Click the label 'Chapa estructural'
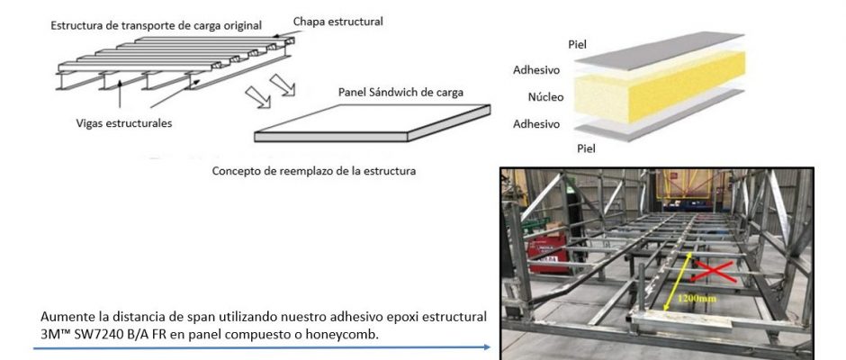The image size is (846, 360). (337, 22)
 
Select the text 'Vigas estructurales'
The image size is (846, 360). (124, 123)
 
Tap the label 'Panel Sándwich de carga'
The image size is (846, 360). (400, 93)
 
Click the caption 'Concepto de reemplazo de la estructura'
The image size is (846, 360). (313, 171)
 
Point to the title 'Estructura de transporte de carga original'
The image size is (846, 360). (157, 25)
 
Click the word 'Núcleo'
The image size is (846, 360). (545, 97)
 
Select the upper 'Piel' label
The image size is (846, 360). (577, 44)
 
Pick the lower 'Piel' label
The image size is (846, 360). (587, 148)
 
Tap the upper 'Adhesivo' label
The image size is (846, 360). (536, 69)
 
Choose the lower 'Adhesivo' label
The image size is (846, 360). (536, 124)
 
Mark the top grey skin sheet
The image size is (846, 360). (660, 50)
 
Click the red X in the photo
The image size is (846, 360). (714, 272)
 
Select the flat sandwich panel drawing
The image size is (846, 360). (373, 123)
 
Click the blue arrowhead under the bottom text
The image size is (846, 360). (487, 347)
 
